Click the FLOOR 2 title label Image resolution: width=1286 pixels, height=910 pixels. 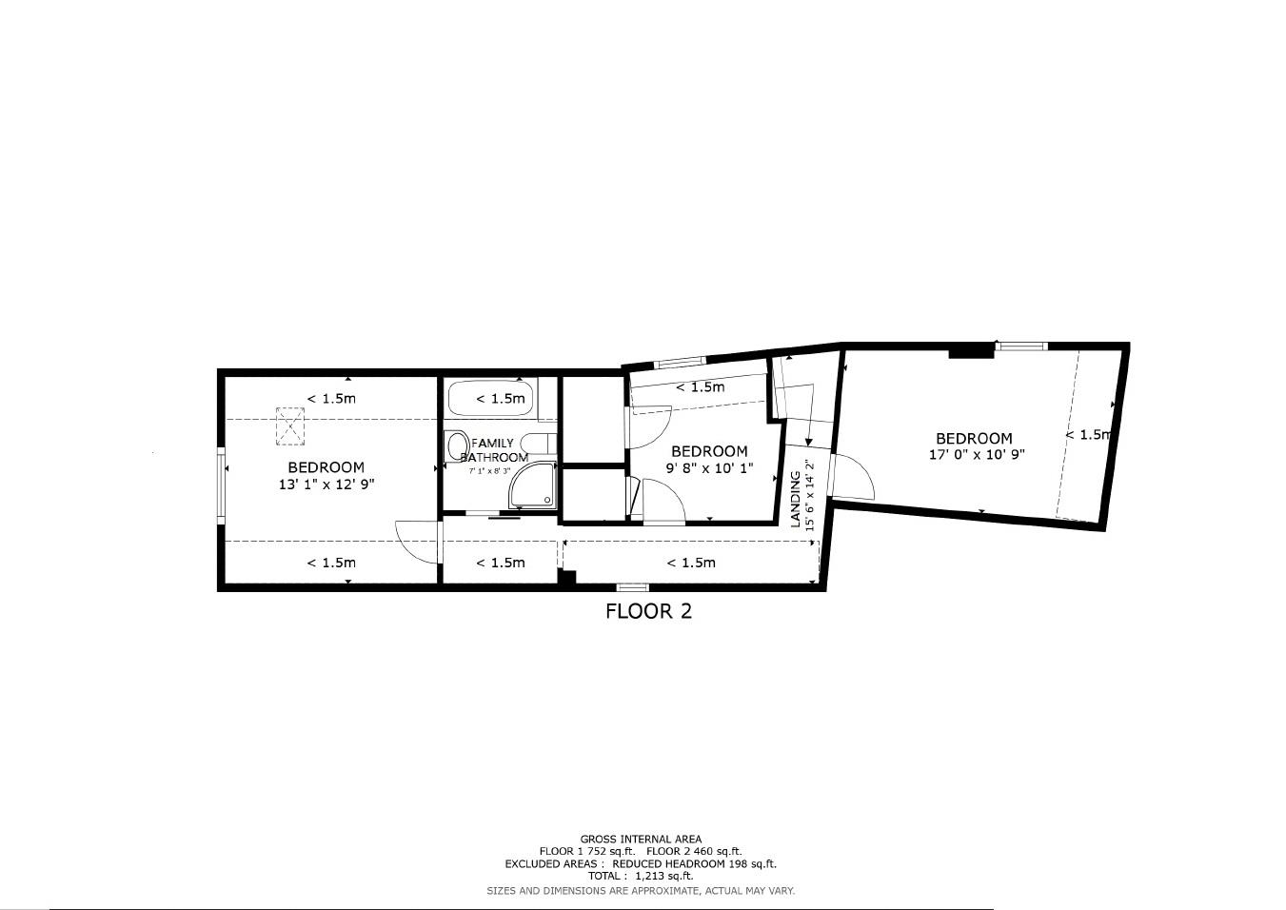point(648,611)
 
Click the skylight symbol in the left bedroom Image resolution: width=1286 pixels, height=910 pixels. point(289,425)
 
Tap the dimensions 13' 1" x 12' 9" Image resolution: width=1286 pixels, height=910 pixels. point(326,485)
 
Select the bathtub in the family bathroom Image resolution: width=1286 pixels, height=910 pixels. point(491,399)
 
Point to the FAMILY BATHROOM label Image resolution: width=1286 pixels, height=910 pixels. point(493,449)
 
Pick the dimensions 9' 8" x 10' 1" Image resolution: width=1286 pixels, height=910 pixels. point(709,468)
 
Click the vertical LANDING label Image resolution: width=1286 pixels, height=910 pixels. point(796,499)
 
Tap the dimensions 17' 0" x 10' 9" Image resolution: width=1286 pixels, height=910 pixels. point(977,455)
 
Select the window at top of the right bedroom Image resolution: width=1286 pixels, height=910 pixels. point(1021,346)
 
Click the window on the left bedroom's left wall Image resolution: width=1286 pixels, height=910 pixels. point(222,486)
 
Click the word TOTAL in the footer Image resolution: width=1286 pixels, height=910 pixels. point(606,876)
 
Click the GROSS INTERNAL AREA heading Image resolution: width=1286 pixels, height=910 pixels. point(641,840)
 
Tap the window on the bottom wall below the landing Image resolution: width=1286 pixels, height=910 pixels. point(633,587)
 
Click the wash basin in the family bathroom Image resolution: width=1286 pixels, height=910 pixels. point(457,445)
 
